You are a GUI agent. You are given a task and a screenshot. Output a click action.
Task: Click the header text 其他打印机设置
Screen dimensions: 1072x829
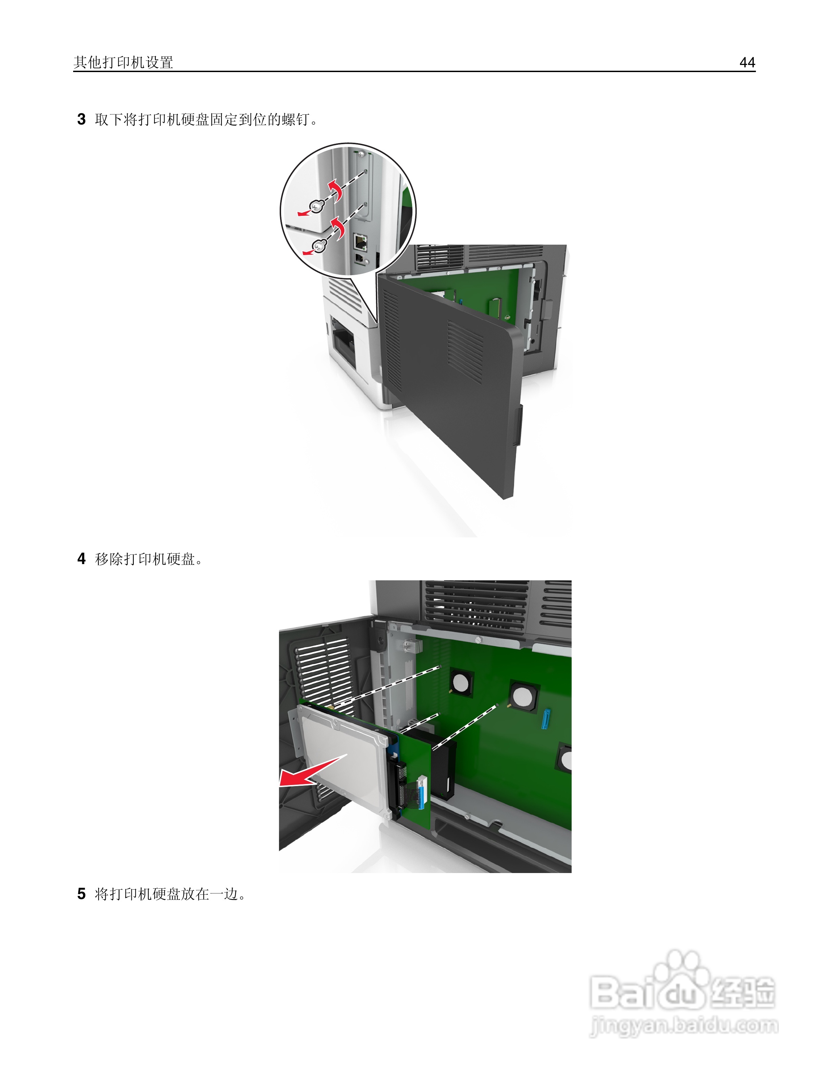click(x=123, y=62)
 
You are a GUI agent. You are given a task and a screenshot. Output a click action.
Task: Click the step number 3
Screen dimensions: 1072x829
click(x=82, y=119)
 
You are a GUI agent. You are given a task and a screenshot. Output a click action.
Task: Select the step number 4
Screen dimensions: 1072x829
click(x=82, y=559)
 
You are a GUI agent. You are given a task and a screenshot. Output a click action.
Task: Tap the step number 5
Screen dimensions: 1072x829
click(x=82, y=894)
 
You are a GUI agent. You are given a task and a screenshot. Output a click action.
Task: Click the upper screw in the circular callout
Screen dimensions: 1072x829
click(x=316, y=207)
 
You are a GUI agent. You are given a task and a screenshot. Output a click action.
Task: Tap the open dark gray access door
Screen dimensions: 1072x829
click(x=452, y=393)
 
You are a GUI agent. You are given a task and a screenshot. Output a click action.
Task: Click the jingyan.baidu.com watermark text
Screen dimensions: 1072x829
click(x=684, y=1026)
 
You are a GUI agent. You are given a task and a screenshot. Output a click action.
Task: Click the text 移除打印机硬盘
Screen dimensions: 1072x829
click(x=145, y=559)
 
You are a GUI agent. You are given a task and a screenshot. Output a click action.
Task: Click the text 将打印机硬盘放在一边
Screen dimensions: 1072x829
click(x=167, y=894)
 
